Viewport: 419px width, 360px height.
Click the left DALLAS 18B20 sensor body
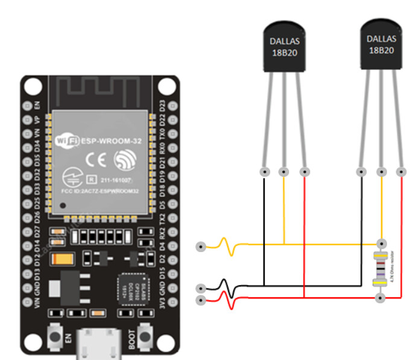tap(284, 47)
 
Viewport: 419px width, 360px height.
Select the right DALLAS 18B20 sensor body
tap(380, 44)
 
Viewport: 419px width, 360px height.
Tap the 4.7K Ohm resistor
tap(380, 270)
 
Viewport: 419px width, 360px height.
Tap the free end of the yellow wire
tap(201, 246)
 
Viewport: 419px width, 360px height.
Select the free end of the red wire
tap(201, 299)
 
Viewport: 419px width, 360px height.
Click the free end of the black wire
tap(201, 288)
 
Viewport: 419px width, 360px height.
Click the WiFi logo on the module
tap(67, 141)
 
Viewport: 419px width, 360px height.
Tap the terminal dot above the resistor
tap(380, 243)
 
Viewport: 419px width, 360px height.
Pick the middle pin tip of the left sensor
tap(284, 172)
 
